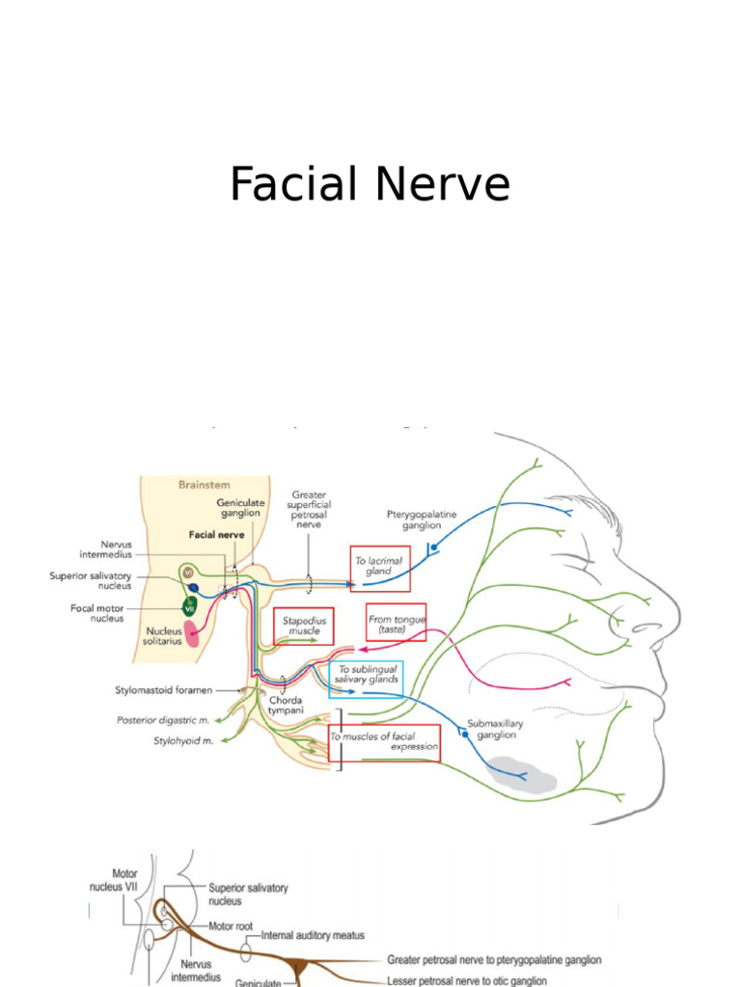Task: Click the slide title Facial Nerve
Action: point(370,184)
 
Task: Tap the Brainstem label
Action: point(204,486)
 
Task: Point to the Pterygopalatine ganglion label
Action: point(414,520)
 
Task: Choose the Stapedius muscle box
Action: point(303,626)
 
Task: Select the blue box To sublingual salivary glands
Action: point(366,673)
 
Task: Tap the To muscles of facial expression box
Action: point(384,741)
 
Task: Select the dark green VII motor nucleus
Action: point(191,606)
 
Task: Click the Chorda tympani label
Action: point(285,705)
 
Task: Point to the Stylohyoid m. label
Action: point(182,741)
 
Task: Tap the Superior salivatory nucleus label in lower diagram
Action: point(248,894)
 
